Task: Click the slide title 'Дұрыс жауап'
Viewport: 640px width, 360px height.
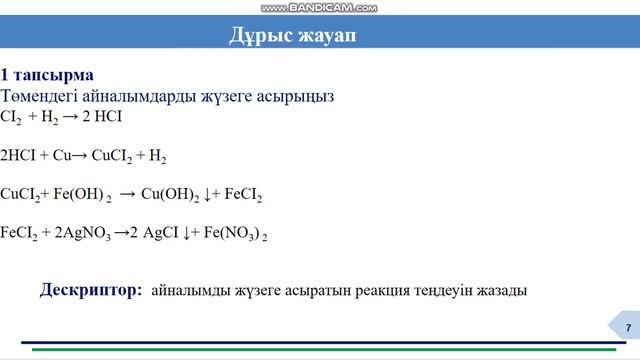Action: pyautogui.click(x=292, y=37)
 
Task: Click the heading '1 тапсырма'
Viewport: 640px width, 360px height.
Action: pyautogui.click(x=47, y=76)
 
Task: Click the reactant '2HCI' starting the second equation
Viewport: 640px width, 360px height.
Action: pyautogui.click(x=19, y=157)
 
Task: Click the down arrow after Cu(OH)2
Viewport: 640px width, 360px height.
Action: pyautogui.click(x=206, y=195)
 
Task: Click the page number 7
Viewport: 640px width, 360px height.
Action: pyautogui.click(x=627, y=329)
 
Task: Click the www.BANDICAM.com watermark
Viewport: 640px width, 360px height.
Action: pyautogui.click(x=319, y=7)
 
